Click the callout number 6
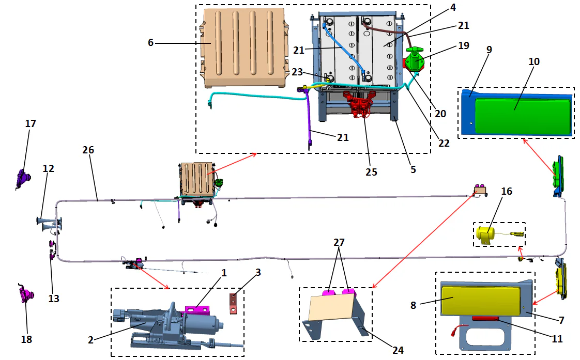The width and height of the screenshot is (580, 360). pos(150,43)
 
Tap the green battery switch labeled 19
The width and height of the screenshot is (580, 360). pos(415,59)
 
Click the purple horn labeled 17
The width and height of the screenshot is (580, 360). pos(23,178)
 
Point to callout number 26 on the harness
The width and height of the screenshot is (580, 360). pos(88,150)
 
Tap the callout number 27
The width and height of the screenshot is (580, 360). pos(338,242)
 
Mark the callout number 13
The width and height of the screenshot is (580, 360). pos(54,299)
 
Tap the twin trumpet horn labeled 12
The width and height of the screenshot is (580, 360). pos(49,223)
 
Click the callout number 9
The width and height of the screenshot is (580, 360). pos(489,50)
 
